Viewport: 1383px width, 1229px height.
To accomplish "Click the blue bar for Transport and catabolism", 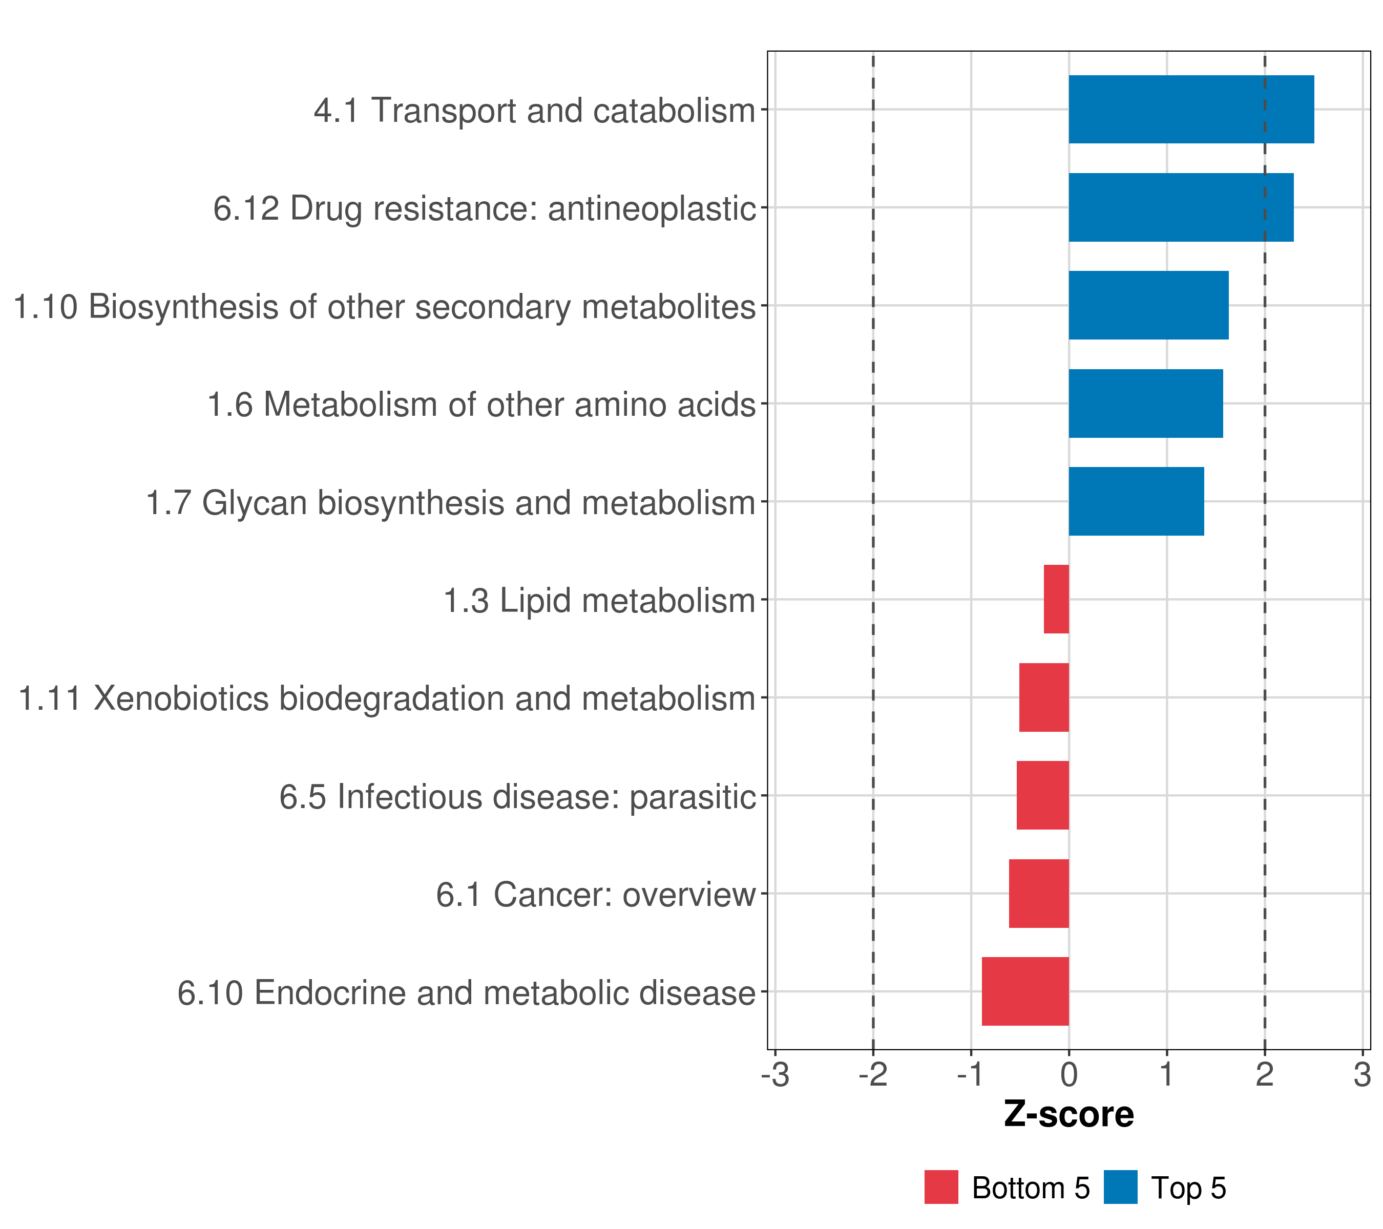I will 1191,110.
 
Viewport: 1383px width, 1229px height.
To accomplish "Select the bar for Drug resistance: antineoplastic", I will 1181,208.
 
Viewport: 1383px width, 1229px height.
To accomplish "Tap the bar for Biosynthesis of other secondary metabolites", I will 1148,305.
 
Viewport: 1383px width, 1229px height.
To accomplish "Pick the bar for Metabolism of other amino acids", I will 1145,404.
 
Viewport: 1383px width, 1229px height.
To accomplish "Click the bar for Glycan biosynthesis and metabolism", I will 1136,501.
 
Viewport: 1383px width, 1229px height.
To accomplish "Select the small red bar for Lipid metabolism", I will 1056,599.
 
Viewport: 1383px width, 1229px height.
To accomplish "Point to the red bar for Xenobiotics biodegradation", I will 1044,697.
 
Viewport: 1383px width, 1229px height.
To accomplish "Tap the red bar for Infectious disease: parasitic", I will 1043,795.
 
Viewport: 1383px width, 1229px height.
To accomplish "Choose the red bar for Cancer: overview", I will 1039,894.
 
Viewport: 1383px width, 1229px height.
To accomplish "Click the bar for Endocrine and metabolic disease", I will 1025,991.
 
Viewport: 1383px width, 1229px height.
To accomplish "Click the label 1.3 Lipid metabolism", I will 599,601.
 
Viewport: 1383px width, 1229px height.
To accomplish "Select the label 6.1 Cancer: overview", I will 595,895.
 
